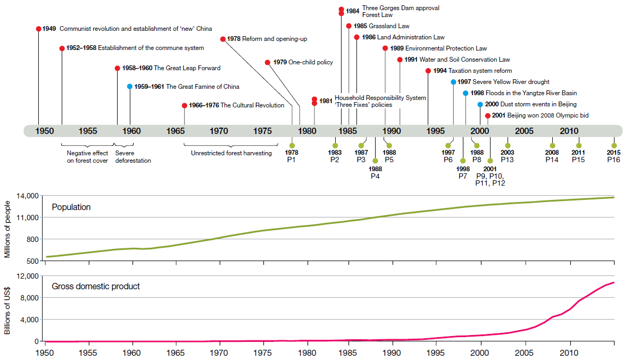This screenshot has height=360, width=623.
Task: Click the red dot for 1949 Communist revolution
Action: point(38,29)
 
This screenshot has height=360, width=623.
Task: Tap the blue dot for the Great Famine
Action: point(130,86)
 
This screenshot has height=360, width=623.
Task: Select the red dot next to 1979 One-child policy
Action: point(268,62)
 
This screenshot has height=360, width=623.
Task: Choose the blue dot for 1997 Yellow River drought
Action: point(453,82)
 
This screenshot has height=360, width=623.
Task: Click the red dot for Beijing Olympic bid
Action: point(488,115)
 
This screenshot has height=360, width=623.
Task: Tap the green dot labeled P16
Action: point(614,146)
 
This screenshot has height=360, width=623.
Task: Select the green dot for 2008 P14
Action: point(552,146)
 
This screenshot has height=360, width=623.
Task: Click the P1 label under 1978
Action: point(292,160)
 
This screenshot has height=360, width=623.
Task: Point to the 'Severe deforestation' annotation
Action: point(133,157)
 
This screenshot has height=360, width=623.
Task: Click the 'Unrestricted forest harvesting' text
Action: point(231,153)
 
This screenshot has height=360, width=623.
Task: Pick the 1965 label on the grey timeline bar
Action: point(175,131)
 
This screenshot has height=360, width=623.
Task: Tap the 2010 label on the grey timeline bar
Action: point(569,131)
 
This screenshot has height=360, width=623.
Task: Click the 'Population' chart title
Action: point(71,207)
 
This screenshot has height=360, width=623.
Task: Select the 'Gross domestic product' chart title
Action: point(96,287)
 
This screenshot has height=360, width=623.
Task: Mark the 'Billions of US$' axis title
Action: point(7,308)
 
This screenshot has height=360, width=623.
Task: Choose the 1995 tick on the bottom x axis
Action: point(437,352)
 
